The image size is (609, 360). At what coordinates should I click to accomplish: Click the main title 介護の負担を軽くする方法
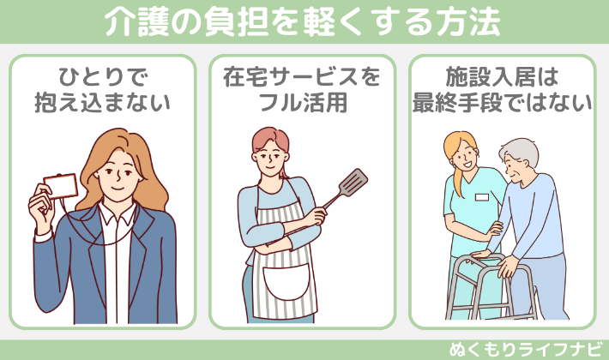click(x=304, y=23)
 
